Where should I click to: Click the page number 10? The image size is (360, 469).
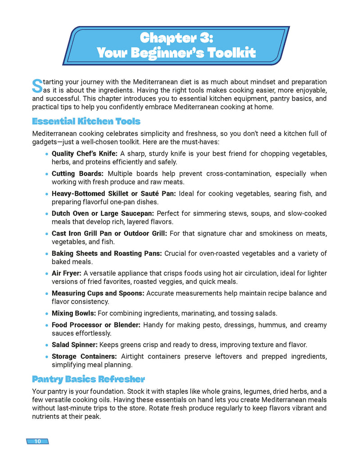coord(37,441)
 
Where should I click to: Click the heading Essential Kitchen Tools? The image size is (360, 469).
coord(86,121)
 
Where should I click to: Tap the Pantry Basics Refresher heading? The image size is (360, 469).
coord(88,379)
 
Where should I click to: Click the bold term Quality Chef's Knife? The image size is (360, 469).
coord(85,154)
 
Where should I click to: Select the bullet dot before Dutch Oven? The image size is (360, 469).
coord(47,214)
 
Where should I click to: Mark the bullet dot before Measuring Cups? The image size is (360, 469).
coord(47,294)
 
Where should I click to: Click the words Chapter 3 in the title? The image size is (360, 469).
coord(176,38)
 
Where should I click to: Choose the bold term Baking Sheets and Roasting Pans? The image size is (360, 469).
coord(107,254)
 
